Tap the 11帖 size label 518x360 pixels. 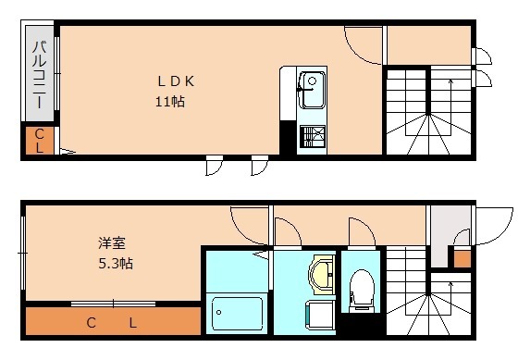169,102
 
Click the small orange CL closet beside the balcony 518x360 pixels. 40,141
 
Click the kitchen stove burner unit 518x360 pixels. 312,138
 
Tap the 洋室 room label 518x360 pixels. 113,243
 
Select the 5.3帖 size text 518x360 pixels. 116,264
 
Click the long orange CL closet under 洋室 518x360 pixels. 113,322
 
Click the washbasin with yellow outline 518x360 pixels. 322,275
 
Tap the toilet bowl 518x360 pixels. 361,287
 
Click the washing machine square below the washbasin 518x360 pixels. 320,311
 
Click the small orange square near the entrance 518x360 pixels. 462,257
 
